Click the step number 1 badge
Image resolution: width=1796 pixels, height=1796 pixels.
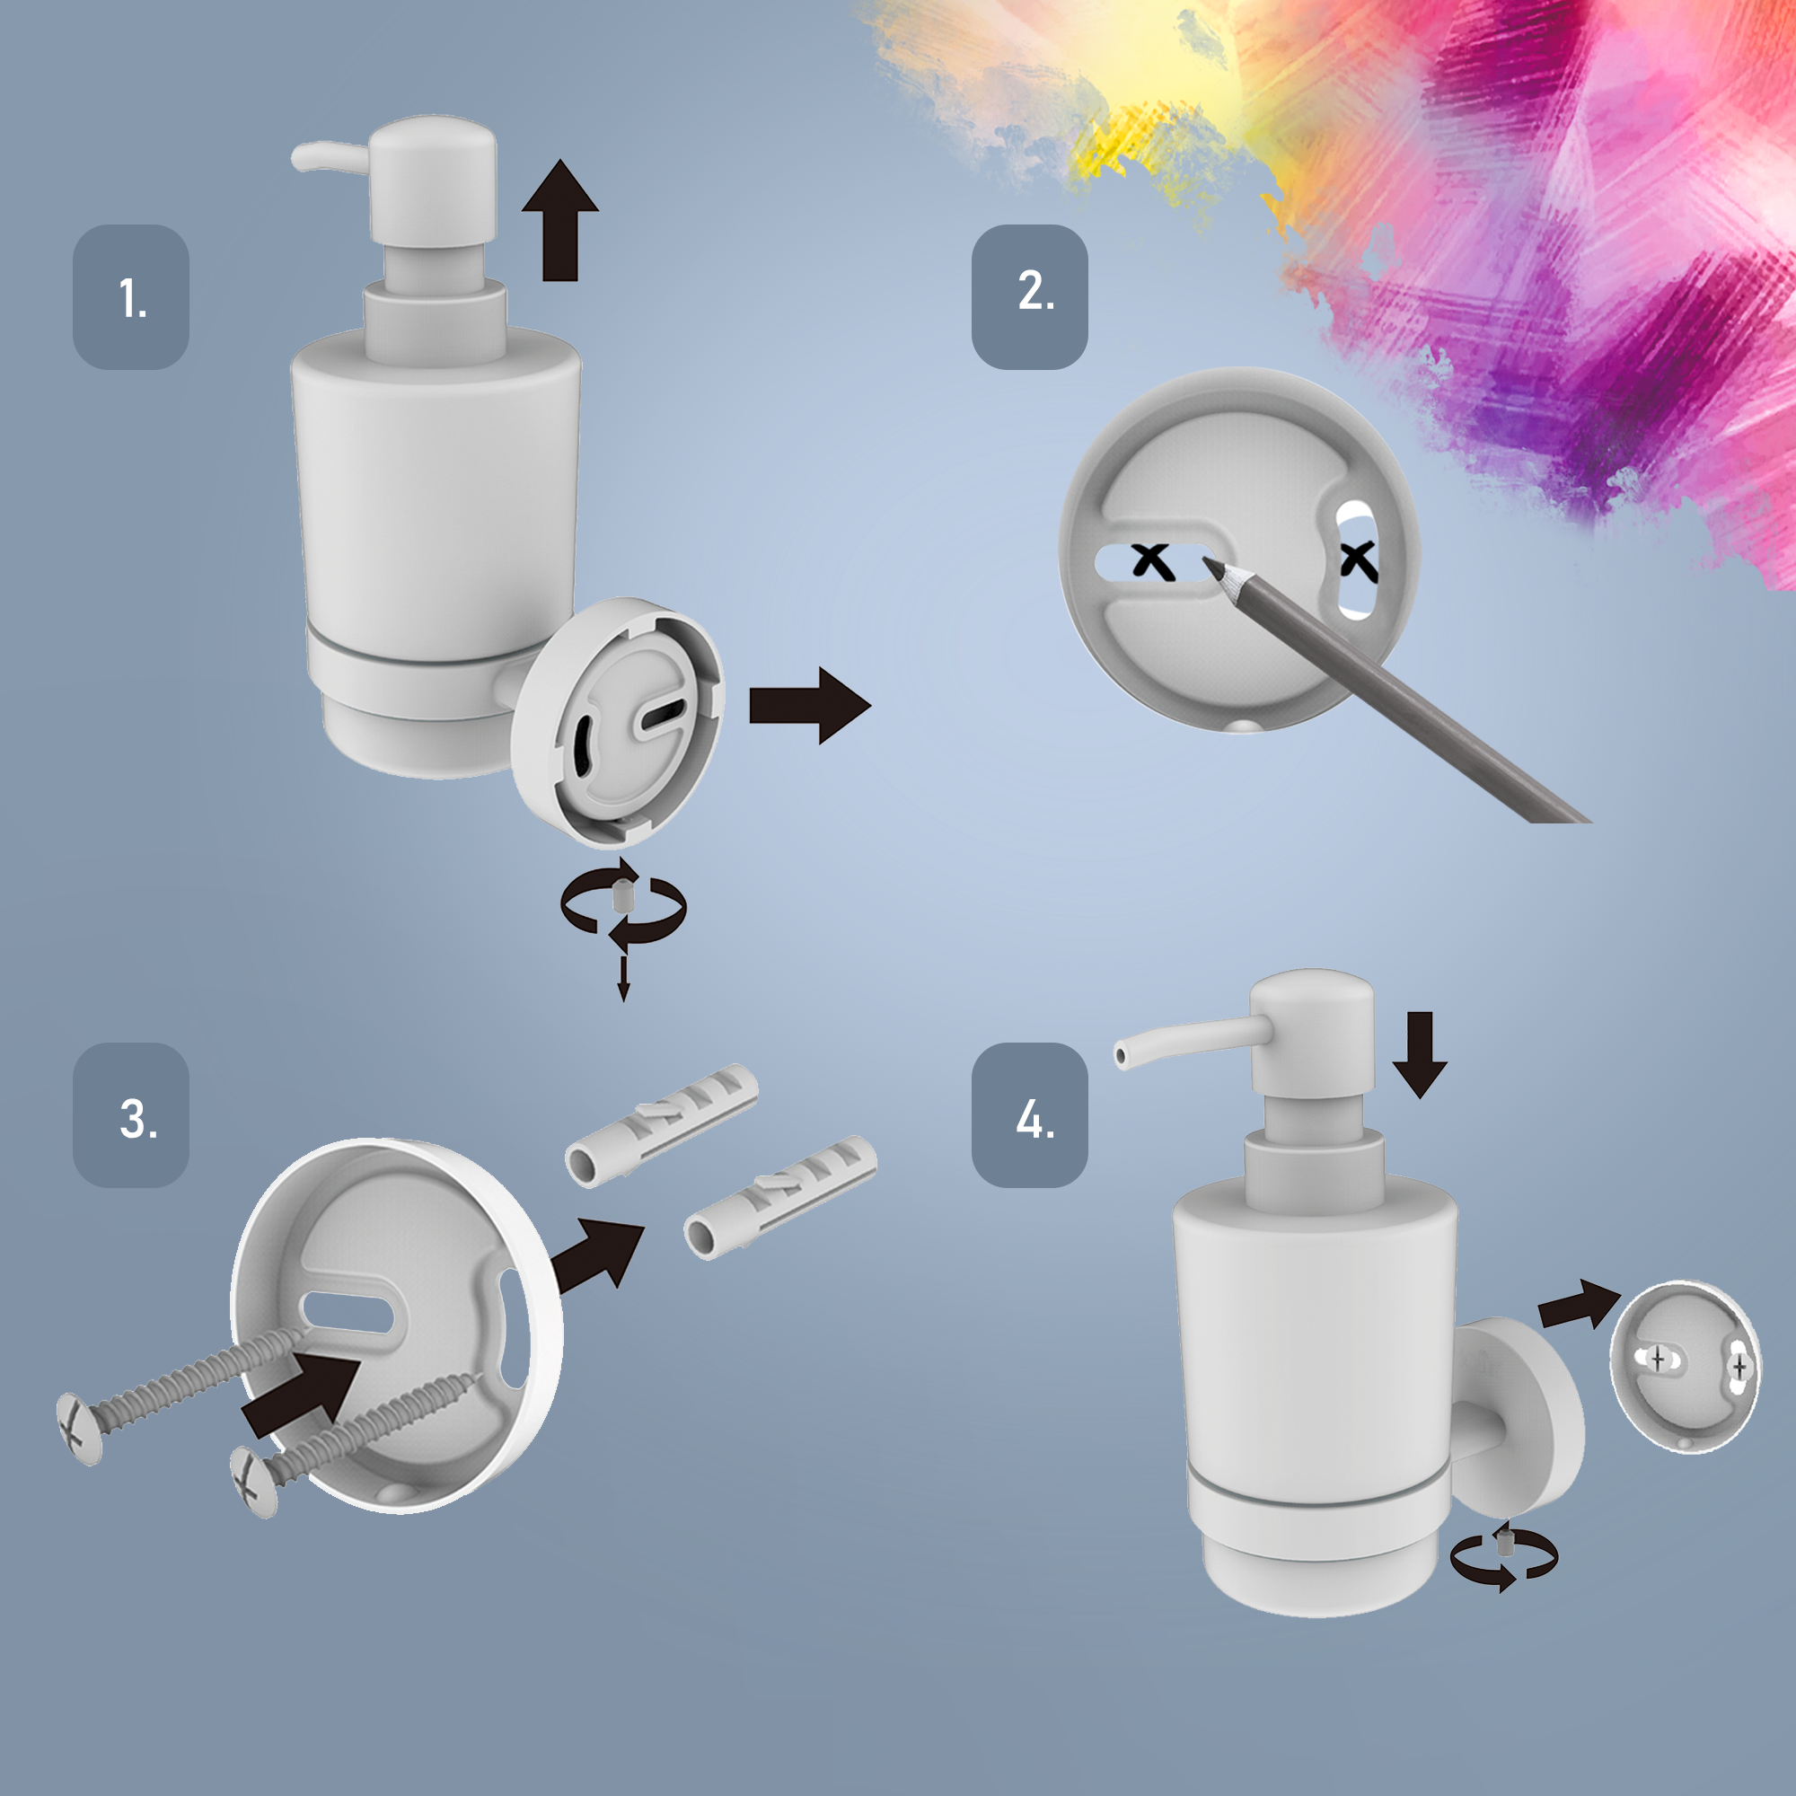[x=131, y=296]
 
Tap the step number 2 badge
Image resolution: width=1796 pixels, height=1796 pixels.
[x=1030, y=296]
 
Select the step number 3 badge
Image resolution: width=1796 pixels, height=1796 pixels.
[x=131, y=1114]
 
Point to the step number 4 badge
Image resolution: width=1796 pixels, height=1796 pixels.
[x=1030, y=1114]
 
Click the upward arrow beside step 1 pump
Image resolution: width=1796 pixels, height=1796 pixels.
[x=559, y=219]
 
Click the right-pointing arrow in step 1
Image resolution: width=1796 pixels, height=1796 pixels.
[x=810, y=705]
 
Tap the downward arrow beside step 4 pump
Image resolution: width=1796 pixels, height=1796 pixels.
[x=1420, y=1055]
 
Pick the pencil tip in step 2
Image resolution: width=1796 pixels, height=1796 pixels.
[x=1206, y=560]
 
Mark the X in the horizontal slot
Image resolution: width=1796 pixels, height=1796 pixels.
[x=1153, y=561]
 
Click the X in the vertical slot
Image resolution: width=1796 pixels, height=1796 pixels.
[x=1359, y=560]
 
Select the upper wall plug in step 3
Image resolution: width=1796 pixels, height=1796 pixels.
[x=662, y=1125]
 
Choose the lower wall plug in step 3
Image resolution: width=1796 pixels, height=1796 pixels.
[x=780, y=1197]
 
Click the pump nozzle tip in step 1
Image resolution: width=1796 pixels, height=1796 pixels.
[x=299, y=156]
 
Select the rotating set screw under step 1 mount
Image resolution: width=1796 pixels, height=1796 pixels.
[x=622, y=899]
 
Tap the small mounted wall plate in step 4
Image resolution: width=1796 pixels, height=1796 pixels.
[x=1685, y=1366]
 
